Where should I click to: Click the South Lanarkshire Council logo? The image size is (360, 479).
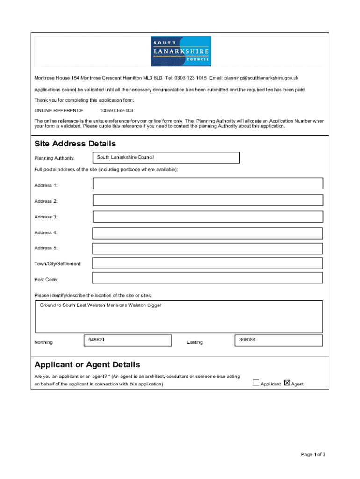point(180,51)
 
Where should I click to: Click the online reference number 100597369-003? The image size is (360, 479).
point(116,111)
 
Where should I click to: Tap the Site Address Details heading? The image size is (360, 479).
point(75,144)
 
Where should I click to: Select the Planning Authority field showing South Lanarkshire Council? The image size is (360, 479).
point(166,158)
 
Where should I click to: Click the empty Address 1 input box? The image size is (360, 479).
point(208,183)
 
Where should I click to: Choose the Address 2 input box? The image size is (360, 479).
point(208,200)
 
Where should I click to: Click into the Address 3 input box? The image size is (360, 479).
point(208,217)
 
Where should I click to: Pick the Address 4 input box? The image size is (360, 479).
point(208,233)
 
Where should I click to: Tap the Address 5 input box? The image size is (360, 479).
point(208,248)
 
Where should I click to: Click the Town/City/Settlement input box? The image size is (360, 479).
point(208,263)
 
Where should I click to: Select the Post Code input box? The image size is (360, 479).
point(208,278)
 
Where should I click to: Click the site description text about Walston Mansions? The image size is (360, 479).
point(101,305)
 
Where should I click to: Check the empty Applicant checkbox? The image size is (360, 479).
point(256,383)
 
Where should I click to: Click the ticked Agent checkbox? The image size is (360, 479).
point(287,383)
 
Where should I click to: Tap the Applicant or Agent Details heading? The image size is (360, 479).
point(87,364)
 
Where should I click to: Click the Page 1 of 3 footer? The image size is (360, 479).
point(313,454)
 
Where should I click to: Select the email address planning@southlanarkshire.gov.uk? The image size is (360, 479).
point(261,78)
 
